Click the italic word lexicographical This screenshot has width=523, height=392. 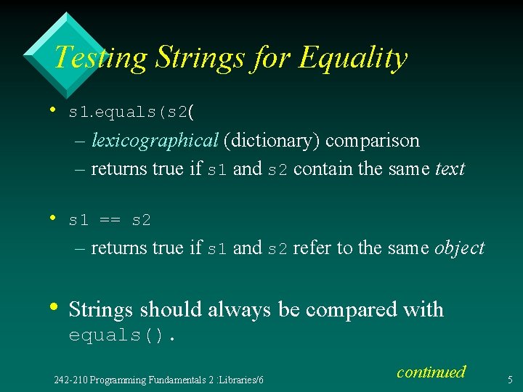click(x=155, y=140)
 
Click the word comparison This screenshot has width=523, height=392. click(x=373, y=140)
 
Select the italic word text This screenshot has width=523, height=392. click(x=450, y=169)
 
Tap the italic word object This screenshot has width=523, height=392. click(x=459, y=248)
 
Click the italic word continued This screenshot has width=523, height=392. click(x=431, y=372)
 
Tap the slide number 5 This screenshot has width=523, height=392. click(x=510, y=379)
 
